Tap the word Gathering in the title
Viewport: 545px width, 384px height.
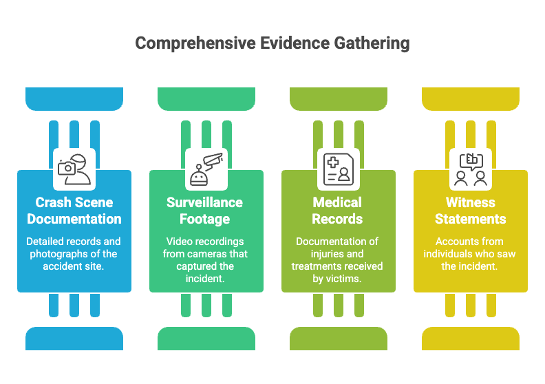(372, 44)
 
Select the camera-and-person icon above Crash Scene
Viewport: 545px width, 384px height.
(74, 169)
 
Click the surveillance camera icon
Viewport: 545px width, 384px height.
(206, 169)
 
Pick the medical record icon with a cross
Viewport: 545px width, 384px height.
(339, 169)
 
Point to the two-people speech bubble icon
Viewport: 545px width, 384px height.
(471, 169)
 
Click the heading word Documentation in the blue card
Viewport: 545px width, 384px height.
(74, 220)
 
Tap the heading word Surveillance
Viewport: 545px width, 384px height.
(205, 202)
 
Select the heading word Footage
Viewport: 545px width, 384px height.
(205, 220)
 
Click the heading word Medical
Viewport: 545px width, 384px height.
(337, 202)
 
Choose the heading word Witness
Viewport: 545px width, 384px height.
(471, 202)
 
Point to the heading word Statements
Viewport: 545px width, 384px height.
(471, 220)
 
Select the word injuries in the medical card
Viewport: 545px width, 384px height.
(326, 254)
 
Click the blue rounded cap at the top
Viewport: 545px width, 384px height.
(74, 98)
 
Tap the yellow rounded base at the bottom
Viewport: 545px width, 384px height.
(471, 339)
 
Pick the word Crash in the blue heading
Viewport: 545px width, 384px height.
(52, 202)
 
